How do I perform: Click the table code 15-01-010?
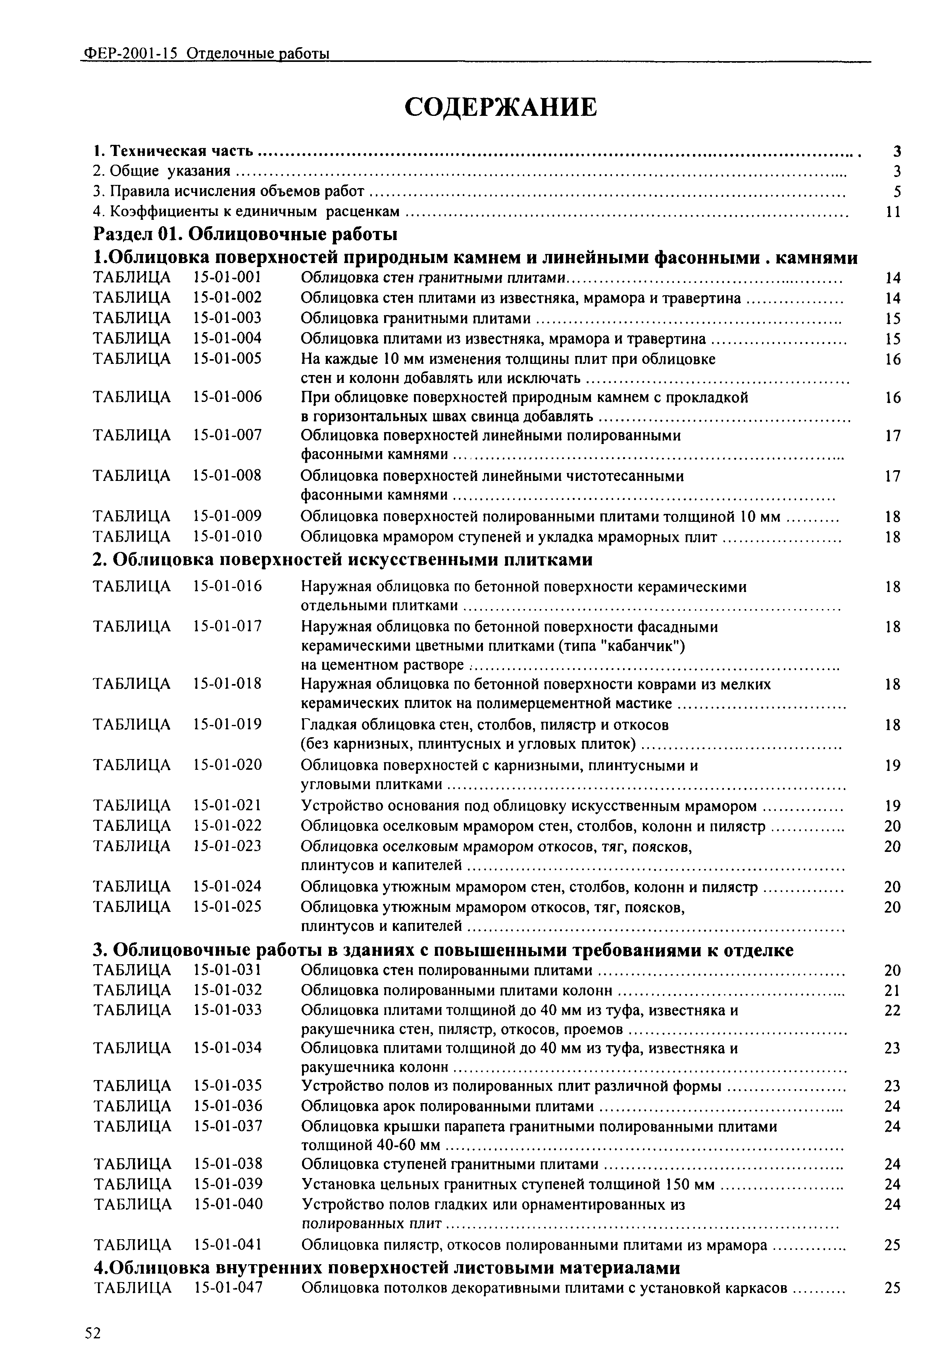[227, 536]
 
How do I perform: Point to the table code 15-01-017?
[227, 627]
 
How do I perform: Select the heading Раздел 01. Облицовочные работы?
[245, 234]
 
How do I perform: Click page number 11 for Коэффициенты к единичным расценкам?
[893, 211]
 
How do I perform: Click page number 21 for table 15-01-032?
[893, 990]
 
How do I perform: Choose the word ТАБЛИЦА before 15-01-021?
[132, 805]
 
